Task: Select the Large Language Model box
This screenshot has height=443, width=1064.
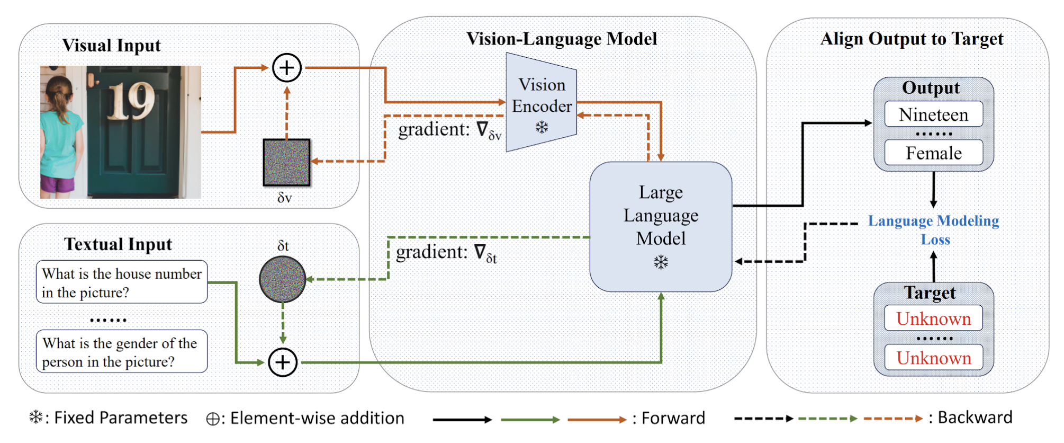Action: click(x=661, y=226)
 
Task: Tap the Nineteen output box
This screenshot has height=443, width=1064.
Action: click(x=933, y=114)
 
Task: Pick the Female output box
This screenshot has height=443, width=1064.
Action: click(x=933, y=153)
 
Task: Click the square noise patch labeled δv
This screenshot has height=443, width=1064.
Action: click(x=286, y=162)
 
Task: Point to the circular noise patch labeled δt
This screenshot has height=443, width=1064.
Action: click(x=283, y=279)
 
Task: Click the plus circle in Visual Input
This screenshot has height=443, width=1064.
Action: click(x=287, y=68)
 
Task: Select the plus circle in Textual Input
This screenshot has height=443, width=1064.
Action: click(x=283, y=362)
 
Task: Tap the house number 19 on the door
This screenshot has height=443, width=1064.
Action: click(x=131, y=101)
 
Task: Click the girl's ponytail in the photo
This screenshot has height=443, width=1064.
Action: click(x=57, y=98)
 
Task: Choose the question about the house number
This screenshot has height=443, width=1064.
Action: click(x=122, y=282)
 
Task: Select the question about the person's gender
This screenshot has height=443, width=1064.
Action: click(x=122, y=352)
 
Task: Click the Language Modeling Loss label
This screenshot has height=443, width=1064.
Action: click(x=934, y=229)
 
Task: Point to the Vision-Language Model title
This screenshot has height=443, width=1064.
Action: click(x=562, y=39)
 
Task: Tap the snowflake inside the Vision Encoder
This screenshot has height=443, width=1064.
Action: click(x=542, y=127)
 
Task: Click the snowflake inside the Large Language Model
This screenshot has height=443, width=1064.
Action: click(x=661, y=262)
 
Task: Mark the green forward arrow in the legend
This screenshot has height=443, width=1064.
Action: click(x=530, y=420)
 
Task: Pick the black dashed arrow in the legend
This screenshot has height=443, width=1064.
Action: click(x=763, y=419)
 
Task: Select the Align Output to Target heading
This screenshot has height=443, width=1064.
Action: click(x=912, y=39)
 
